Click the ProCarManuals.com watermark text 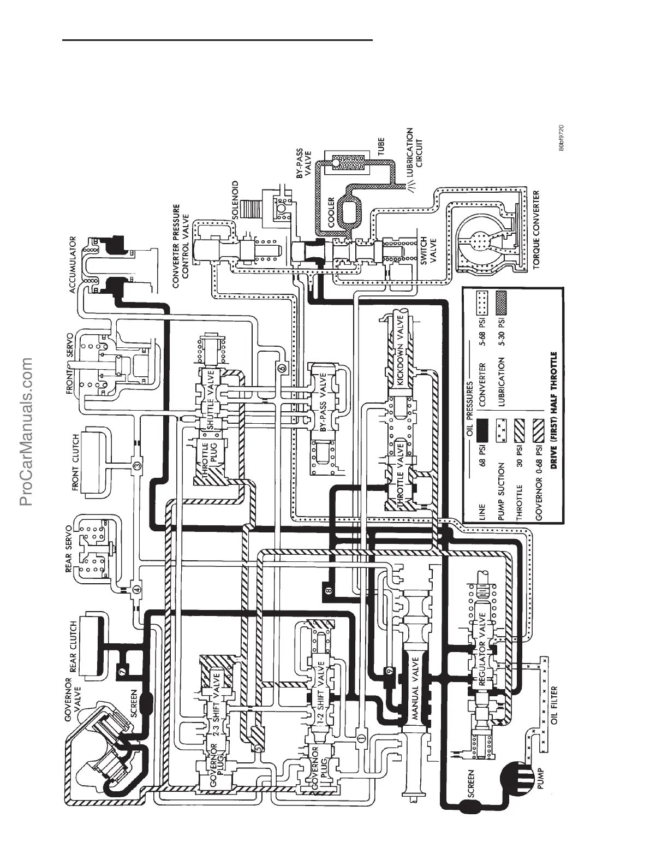(x=27, y=431)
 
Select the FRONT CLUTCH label (x=76, y=462)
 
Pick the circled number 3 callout (x=137, y=465)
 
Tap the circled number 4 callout (x=136, y=589)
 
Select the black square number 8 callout (x=328, y=590)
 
